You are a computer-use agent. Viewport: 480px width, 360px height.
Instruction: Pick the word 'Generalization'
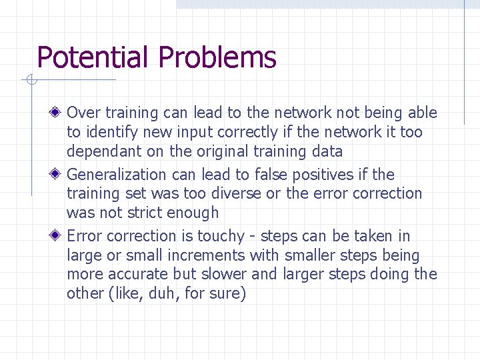coord(117,175)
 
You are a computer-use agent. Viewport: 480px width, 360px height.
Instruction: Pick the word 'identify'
coord(111,132)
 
